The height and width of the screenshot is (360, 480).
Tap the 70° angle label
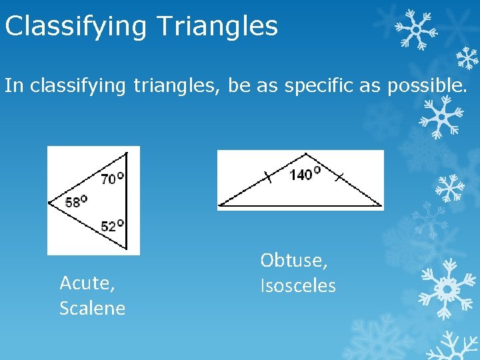(112, 178)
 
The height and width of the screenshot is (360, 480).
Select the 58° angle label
(76, 201)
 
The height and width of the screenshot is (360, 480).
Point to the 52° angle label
(112, 225)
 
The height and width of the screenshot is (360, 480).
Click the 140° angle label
(304, 174)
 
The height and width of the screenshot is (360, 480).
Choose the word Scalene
(92, 308)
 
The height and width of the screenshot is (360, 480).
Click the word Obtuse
(293, 260)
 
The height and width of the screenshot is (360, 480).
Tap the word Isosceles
(297, 285)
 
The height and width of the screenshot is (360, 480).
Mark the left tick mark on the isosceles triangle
(267, 177)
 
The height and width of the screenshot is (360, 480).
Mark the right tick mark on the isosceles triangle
(339, 177)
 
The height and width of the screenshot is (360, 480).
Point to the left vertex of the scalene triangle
(49, 201)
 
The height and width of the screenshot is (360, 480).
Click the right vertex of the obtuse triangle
(381, 205)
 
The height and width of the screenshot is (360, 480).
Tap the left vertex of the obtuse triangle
(219, 205)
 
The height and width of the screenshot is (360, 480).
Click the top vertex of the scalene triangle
(126, 153)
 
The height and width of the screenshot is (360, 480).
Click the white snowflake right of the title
(414, 30)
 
